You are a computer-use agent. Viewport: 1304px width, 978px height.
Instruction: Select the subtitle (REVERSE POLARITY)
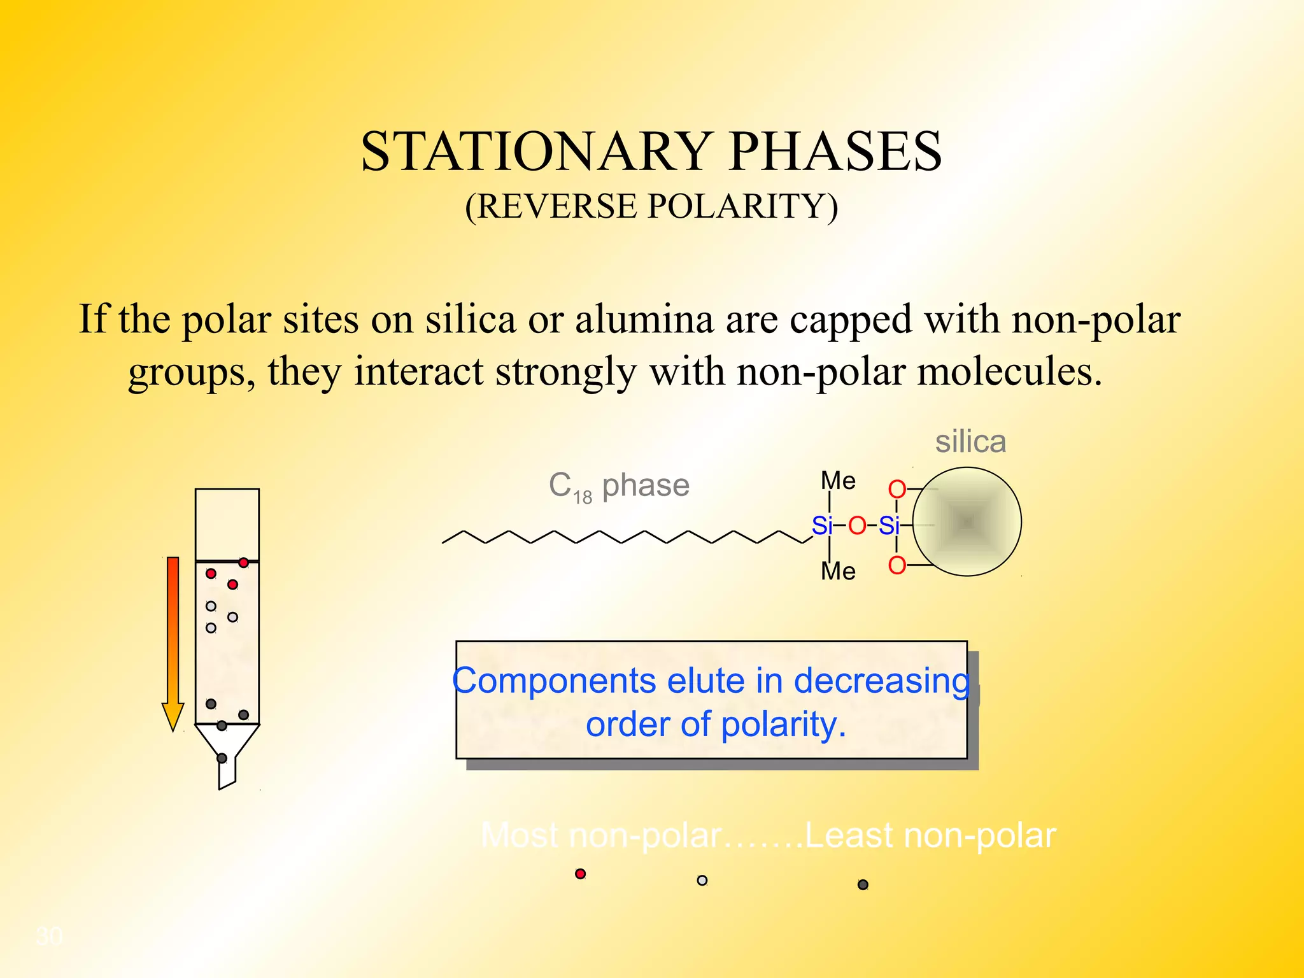click(x=651, y=206)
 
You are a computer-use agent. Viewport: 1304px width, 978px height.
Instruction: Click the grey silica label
click(x=970, y=442)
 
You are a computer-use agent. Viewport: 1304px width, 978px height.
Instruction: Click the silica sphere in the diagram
click(x=967, y=522)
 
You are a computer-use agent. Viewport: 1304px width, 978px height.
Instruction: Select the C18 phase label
click(x=619, y=486)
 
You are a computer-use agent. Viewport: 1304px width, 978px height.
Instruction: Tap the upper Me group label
click(x=838, y=481)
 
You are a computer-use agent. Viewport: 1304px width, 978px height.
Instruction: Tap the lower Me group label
click(x=838, y=571)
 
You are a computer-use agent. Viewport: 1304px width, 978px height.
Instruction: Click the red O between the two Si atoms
click(x=857, y=526)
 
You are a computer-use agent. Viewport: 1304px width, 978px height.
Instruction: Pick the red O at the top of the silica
click(x=897, y=489)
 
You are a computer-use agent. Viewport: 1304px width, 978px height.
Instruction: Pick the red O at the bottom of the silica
click(x=897, y=565)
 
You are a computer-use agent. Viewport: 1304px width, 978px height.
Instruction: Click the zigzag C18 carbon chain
click(x=624, y=537)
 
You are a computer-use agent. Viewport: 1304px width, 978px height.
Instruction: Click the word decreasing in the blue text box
click(x=881, y=681)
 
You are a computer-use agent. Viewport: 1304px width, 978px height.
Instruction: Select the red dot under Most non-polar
click(x=580, y=874)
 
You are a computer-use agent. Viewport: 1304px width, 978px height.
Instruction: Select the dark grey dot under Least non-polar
click(x=863, y=884)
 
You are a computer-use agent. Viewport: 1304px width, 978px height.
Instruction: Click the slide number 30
click(x=50, y=936)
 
